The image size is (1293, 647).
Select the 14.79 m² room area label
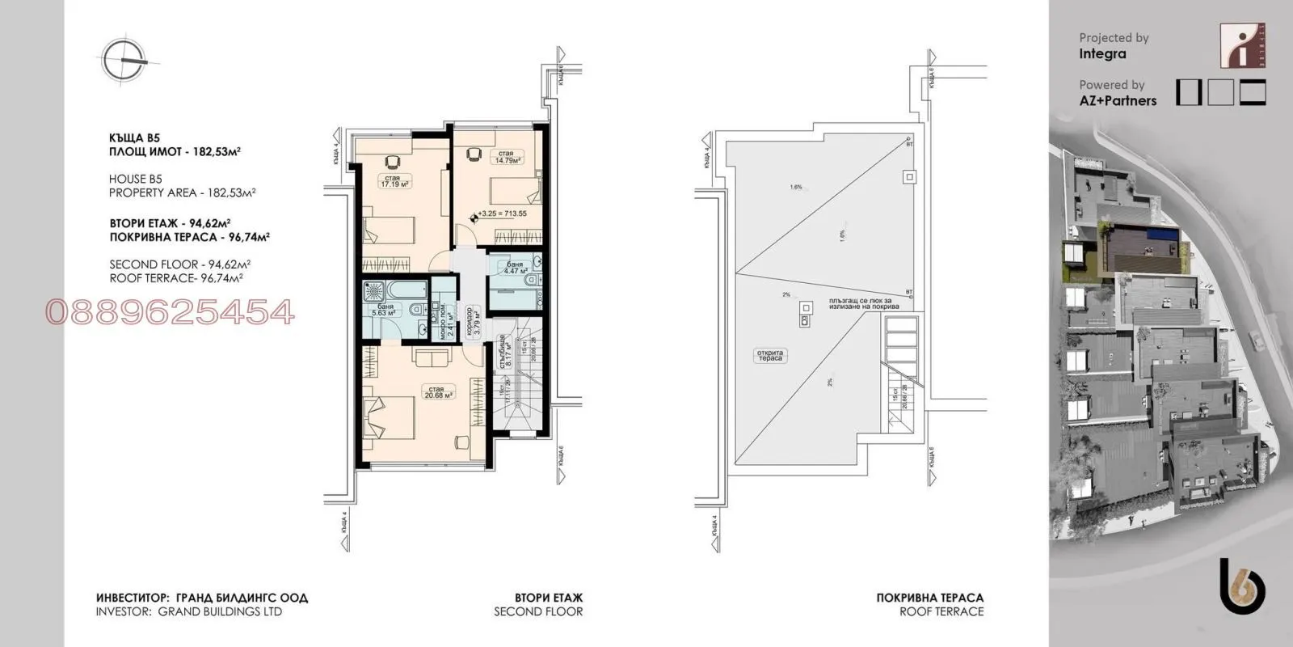click(x=507, y=157)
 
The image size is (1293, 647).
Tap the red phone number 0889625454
click(x=171, y=312)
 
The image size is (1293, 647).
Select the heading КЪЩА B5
click(x=134, y=138)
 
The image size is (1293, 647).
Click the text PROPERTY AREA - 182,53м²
click(x=182, y=192)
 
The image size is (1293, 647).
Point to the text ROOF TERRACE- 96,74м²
click(x=176, y=277)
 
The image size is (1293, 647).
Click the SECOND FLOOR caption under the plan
click(x=538, y=611)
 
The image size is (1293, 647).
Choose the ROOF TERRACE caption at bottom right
click(x=941, y=611)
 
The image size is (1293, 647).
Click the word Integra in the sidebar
click(x=1102, y=54)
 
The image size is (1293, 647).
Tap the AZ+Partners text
click(x=1118, y=101)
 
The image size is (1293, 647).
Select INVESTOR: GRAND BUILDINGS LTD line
click(x=189, y=611)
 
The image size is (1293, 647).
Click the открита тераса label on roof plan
click(x=769, y=356)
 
